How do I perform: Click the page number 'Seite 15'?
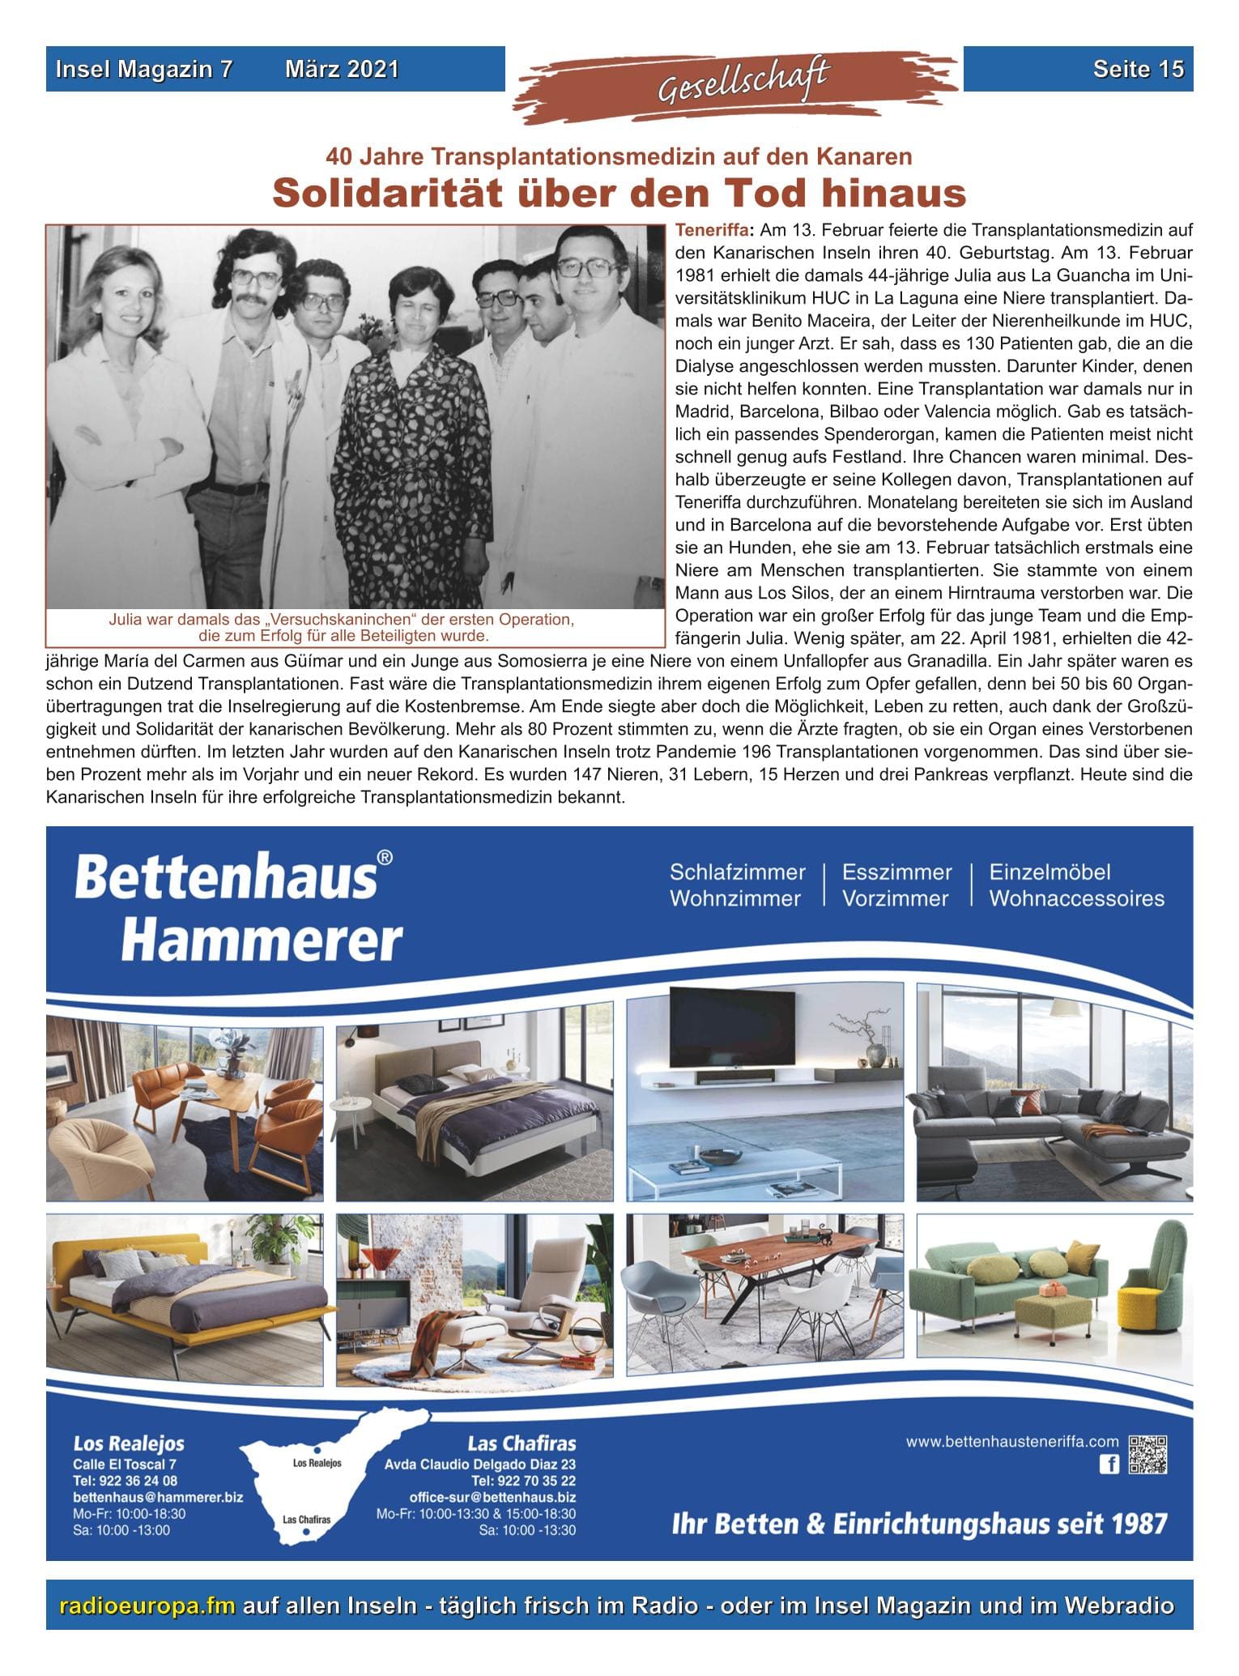pyautogui.click(x=1138, y=70)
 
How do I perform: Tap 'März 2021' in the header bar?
pyautogui.click(x=342, y=70)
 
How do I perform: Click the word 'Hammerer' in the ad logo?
pyautogui.click(x=262, y=940)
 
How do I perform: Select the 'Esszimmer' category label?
pyautogui.click(x=896, y=872)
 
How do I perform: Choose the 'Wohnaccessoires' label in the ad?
pyautogui.click(x=1076, y=898)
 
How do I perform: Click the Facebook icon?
pyautogui.click(x=1108, y=1463)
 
